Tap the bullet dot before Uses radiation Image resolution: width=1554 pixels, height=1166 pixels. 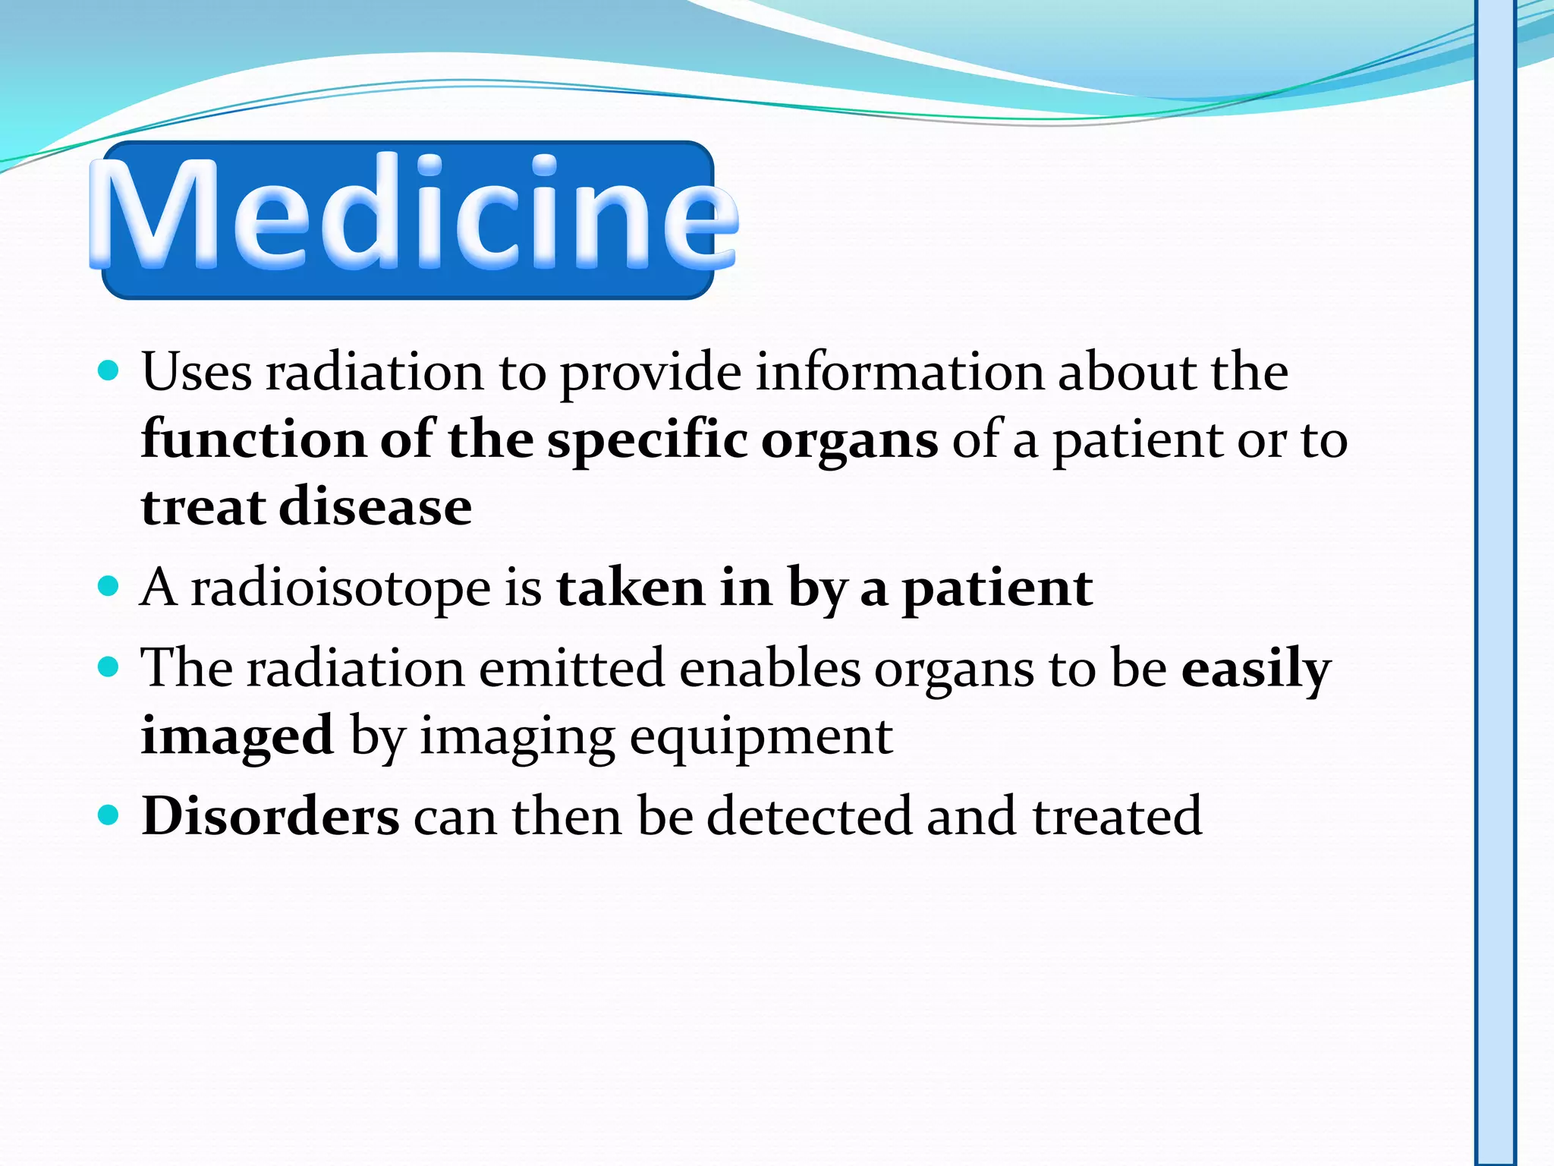[109, 371]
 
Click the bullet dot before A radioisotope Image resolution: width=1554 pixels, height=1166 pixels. [109, 586]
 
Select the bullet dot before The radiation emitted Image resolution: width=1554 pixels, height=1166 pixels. [109, 667]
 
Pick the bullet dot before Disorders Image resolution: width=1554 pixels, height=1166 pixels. [109, 815]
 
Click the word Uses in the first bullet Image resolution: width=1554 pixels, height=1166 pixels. [197, 373]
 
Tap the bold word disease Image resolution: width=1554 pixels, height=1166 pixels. [375, 507]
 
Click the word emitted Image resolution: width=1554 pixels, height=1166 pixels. [571, 669]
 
